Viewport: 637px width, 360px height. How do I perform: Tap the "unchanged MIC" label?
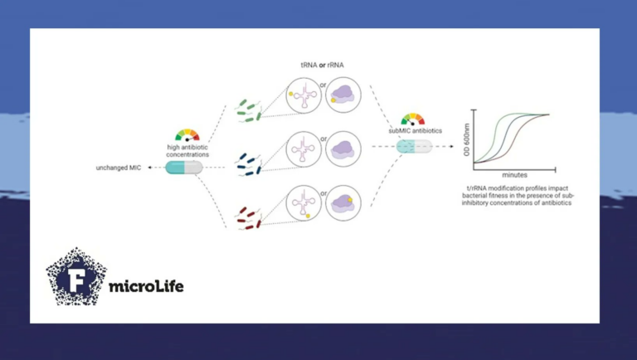tap(119, 168)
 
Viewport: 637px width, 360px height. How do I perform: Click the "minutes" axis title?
tap(515, 175)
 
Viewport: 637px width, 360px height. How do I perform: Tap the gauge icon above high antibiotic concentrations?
tap(187, 134)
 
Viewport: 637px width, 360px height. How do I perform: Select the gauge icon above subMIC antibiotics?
tap(412, 119)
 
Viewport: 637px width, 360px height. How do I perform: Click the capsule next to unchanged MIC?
tap(184, 168)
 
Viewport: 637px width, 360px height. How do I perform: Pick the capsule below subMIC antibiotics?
tap(412, 146)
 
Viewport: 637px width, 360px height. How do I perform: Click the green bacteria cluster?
tap(249, 109)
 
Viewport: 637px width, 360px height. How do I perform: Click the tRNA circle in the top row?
tap(303, 96)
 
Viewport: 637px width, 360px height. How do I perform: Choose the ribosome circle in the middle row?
tap(343, 149)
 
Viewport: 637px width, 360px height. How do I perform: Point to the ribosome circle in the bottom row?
tap(343, 203)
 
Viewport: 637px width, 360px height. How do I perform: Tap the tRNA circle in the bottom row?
tap(303, 203)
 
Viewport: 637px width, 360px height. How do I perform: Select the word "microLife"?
tap(146, 287)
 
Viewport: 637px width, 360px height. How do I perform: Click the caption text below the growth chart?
tap(521, 196)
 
